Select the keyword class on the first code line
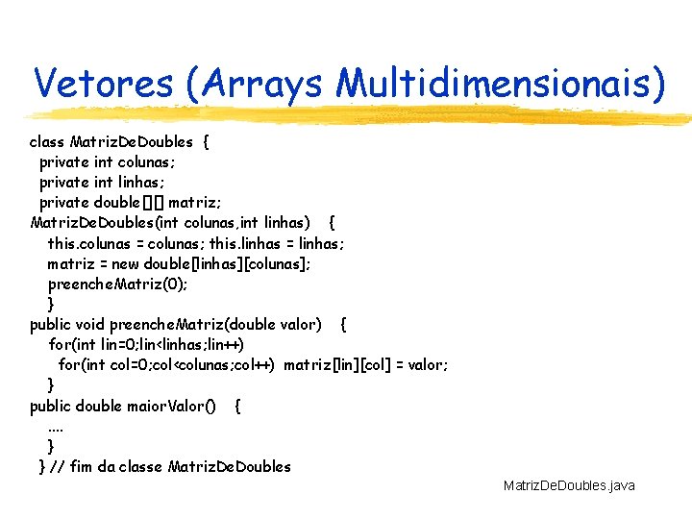point(48,142)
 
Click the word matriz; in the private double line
point(196,203)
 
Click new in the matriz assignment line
point(127,263)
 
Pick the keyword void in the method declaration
point(91,325)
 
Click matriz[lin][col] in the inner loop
point(327,365)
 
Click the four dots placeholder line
point(56,426)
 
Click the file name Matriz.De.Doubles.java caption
point(569,486)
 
